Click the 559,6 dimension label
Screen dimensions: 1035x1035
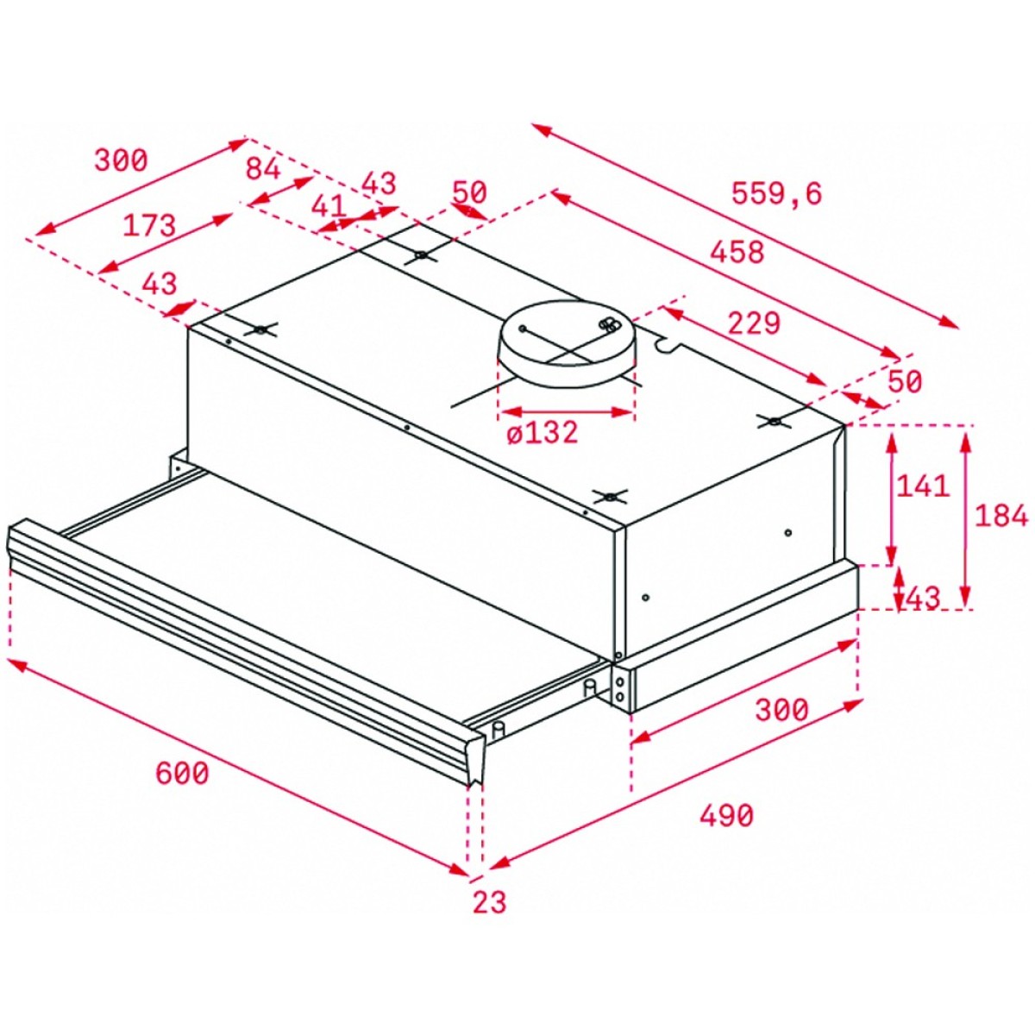pos(776,194)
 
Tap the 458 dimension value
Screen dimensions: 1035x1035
pos(737,252)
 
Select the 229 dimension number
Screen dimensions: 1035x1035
pos(753,323)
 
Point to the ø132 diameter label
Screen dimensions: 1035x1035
pos(543,431)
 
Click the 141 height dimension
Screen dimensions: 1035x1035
pos(923,486)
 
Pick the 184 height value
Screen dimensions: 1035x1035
pos(1000,516)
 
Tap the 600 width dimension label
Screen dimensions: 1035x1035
pos(181,773)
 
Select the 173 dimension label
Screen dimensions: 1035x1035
pos(149,225)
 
